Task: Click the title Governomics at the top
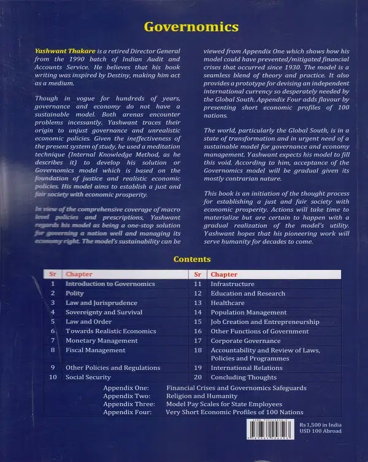(191, 28)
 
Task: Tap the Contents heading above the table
(192, 260)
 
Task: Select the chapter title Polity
(74, 294)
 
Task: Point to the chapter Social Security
(88, 377)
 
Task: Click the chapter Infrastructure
(232, 285)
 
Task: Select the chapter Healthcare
(227, 303)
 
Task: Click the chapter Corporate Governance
(245, 341)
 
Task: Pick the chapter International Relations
(247, 368)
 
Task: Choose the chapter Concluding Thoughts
(243, 377)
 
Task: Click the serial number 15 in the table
(197, 322)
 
